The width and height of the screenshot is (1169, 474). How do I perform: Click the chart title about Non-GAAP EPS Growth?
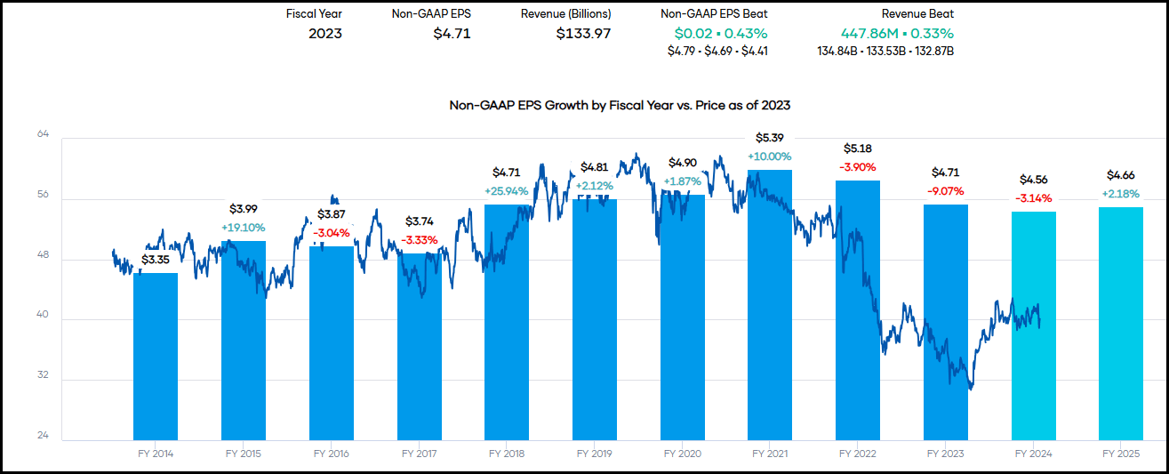(x=620, y=105)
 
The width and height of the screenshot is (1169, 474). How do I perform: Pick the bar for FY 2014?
(x=156, y=356)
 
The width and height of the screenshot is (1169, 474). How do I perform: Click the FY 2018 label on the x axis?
(x=507, y=454)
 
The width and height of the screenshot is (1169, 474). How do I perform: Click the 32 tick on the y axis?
(x=43, y=376)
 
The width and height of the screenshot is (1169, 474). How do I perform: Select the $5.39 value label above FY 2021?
(x=769, y=138)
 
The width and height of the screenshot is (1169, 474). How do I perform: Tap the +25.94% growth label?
(x=506, y=190)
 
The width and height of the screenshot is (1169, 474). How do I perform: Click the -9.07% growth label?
(x=946, y=190)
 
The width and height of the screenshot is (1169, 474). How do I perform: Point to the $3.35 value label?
(x=156, y=260)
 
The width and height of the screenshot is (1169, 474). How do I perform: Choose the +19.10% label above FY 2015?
(x=244, y=227)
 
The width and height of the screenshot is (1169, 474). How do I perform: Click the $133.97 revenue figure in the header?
(x=583, y=34)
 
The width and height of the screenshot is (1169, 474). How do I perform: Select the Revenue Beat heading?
(x=917, y=14)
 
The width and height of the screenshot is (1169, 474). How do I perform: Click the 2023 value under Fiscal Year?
(x=325, y=34)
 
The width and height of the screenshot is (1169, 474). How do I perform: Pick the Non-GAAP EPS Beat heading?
(x=715, y=14)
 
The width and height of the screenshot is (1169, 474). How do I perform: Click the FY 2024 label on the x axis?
(x=1034, y=454)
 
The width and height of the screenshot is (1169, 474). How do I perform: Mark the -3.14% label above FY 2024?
(x=1034, y=197)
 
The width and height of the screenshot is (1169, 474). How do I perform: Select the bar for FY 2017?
(x=419, y=347)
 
